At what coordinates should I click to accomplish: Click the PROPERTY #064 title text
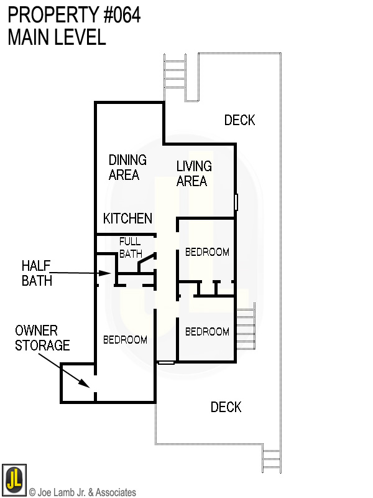click(x=74, y=15)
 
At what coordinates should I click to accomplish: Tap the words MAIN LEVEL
click(x=57, y=37)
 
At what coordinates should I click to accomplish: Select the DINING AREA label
click(x=127, y=167)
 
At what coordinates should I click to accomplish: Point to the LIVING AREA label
click(x=193, y=174)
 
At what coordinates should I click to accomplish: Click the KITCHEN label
click(x=127, y=218)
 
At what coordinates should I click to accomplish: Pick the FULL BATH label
click(x=130, y=247)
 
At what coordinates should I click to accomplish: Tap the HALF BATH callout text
click(x=37, y=273)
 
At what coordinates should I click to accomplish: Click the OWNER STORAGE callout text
click(x=42, y=337)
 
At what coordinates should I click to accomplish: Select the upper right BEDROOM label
click(x=207, y=252)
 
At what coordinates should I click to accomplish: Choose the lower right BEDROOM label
click(x=207, y=332)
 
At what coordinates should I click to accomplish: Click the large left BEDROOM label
click(x=125, y=340)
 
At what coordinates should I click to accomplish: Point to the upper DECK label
click(x=239, y=120)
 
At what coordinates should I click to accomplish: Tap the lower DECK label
click(x=226, y=407)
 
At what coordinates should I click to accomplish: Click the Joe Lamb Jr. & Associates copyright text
click(x=83, y=492)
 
